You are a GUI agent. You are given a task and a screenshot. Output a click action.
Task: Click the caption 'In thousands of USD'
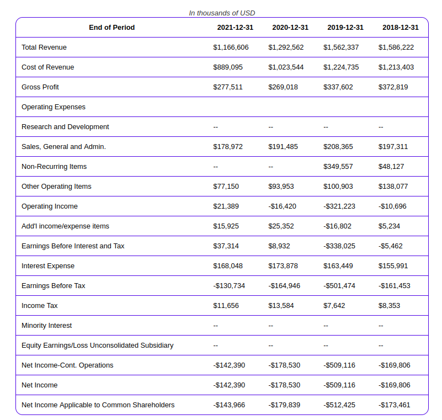[x=222, y=13]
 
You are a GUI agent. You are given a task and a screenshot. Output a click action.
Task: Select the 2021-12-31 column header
[x=235, y=28]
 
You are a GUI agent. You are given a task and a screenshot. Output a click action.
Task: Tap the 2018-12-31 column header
[x=400, y=28]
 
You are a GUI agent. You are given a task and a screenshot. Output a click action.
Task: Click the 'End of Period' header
[x=111, y=28]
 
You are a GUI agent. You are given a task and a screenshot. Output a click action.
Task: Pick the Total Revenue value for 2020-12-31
[x=286, y=47]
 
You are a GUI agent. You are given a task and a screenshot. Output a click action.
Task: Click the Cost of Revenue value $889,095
[x=228, y=67]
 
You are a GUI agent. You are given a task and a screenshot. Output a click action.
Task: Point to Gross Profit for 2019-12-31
[x=338, y=87]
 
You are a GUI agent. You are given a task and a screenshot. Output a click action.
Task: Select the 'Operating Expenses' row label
[x=54, y=107]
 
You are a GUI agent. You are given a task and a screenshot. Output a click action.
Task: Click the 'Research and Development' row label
[x=65, y=127]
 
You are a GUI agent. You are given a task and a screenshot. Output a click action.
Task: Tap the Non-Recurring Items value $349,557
[x=338, y=167]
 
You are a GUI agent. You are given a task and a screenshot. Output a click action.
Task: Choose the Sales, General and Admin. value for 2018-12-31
[x=393, y=147]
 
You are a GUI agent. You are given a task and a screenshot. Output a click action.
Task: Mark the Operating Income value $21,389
[x=226, y=206]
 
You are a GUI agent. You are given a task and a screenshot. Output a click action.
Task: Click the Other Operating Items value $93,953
[x=281, y=187]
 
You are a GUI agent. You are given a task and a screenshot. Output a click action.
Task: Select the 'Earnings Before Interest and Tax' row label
[x=73, y=246]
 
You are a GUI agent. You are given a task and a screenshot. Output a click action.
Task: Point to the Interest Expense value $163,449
[x=338, y=266]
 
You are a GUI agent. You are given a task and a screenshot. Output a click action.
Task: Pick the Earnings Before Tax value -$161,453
[x=394, y=286]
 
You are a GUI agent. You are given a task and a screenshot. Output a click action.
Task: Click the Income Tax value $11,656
[x=226, y=306]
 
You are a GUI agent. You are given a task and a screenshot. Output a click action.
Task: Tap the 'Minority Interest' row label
[x=46, y=326]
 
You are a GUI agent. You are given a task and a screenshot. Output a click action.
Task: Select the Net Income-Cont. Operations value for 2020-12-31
[x=284, y=365]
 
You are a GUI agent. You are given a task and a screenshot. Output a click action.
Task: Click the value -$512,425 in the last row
[x=339, y=405]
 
